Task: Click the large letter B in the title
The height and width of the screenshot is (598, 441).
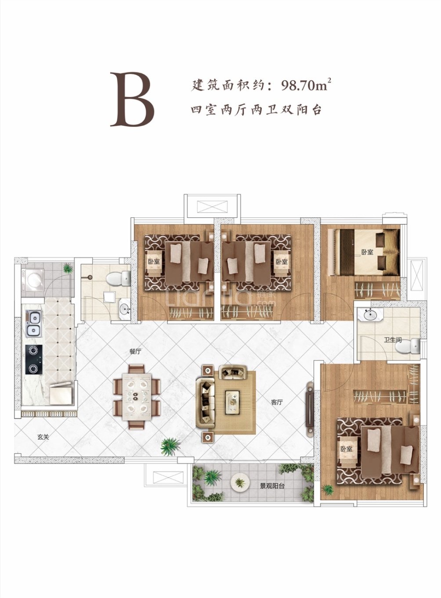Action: (x=132, y=100)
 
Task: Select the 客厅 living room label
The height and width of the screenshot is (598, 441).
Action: (x=277, y=402)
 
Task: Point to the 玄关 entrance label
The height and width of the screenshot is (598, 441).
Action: (x=43, y=437)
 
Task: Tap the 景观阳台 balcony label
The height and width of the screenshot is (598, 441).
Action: (x=272, y=486)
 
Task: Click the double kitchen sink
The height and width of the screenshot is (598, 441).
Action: (x=33, y=324)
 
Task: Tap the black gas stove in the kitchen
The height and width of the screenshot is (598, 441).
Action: (x=33, y=359)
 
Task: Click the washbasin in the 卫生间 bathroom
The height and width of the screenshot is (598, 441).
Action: (x=370, y=315)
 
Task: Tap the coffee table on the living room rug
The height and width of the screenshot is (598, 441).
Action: (x=232, y=402)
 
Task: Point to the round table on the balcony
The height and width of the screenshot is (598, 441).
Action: (x=240, y=483)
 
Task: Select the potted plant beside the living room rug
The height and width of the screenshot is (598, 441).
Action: (x=170, y=447)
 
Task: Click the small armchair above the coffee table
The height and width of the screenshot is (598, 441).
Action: (x=233, y=372)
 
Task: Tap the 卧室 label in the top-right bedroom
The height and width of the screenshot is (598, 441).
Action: (x=367, y=252)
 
